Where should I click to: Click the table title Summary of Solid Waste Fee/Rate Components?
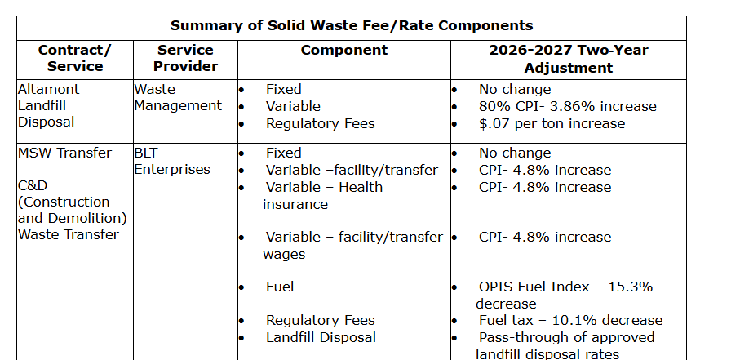click(352, 26)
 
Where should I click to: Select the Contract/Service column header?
click(75, 58)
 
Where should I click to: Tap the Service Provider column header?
click(185, 58)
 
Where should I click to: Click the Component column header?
click(343, 50)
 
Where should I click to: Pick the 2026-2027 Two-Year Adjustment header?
click(568, 58)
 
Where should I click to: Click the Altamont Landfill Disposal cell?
click(49, 105)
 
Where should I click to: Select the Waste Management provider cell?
click(178, 97)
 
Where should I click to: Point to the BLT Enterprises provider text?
click(172, 161)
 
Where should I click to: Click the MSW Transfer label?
click(64, 153)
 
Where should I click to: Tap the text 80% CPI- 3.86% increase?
click(567, 106)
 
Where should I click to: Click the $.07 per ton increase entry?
click(552, 123)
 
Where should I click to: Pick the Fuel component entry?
click(280, 287)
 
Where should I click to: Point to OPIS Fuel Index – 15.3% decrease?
click(565, 295)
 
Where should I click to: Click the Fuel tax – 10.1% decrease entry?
click(570, 320)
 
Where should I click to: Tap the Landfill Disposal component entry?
click(321, 337)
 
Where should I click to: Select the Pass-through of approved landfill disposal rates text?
click(565, 345)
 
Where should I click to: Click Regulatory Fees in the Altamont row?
click(320, 123)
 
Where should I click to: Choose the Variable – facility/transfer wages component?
click(352, 245)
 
